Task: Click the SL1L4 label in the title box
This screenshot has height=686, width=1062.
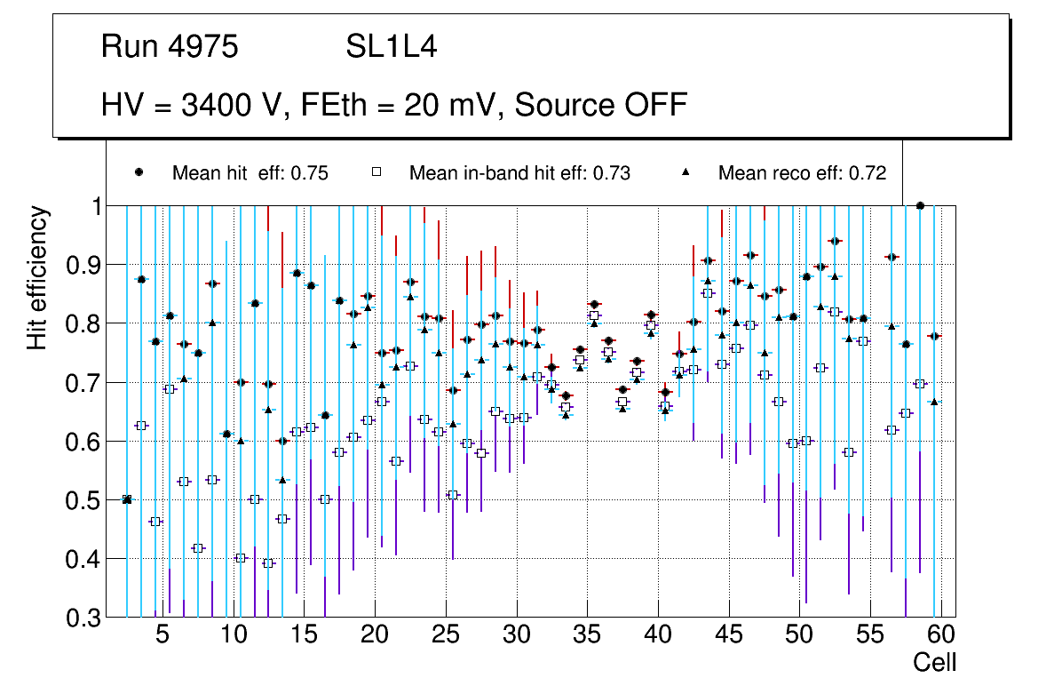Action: pos(391,47)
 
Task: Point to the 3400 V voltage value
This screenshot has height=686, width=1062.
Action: pos(230,105)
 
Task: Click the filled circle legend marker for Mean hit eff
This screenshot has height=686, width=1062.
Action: pos(139,173)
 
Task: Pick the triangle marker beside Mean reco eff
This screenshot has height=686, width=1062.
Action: pos(686,173)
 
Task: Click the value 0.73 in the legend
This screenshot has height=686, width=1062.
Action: pos(612,173)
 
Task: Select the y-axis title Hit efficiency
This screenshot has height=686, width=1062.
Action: pos(37,278)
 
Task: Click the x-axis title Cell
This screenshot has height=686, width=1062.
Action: pos(935,662)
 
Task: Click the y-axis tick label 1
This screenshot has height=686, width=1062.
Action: pos(93,206)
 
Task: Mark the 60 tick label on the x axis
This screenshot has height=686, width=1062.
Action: pos(941,635)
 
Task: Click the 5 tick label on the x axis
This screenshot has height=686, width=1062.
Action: pos(162,635)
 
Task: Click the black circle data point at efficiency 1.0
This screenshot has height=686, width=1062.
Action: pos(920,206)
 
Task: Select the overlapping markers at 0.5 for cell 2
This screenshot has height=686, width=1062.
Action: pos(127,499)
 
